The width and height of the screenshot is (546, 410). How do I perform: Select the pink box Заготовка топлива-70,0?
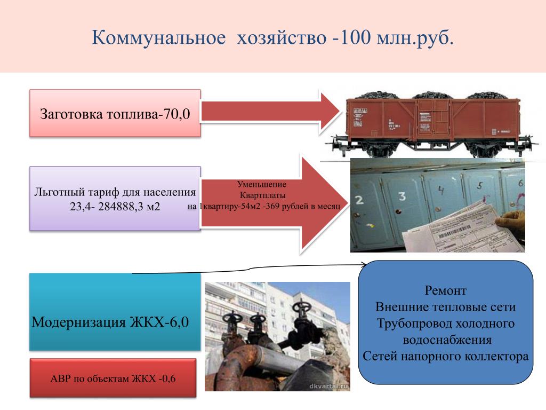tap(115, 113)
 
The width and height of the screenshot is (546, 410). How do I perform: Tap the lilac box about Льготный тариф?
tap(115, 198)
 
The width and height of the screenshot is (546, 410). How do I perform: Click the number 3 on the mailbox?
tap(401, 196)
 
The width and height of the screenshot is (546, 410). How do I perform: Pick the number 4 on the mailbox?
tap(441, 190)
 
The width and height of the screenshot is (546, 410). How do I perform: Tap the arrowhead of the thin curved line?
tap(365, 263)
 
